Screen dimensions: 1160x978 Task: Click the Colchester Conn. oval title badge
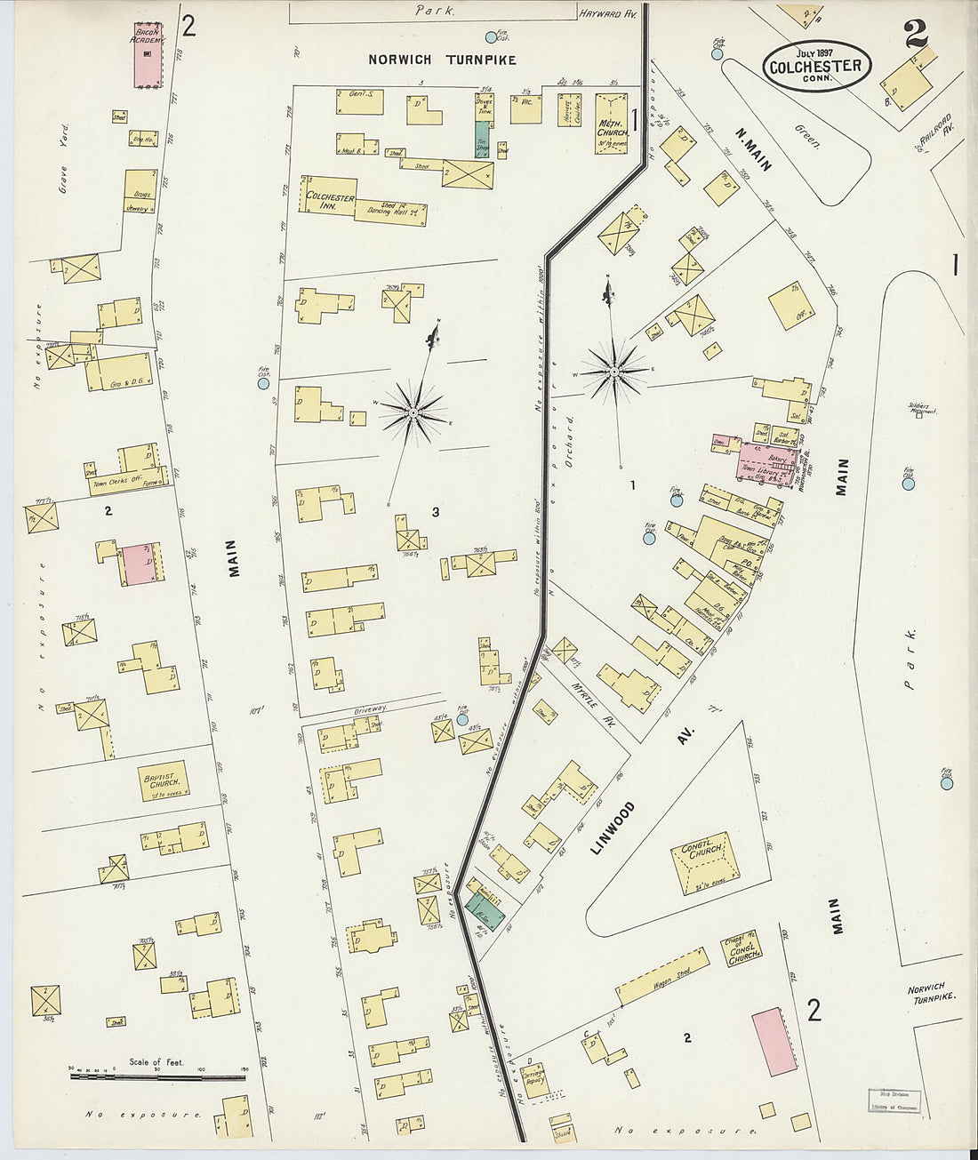815,66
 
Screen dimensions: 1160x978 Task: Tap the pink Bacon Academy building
148,55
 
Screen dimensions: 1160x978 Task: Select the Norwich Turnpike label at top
442,60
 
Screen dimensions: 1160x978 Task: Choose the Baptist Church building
163,781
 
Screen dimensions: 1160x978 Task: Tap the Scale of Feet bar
157,1076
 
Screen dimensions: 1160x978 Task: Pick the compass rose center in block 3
413,412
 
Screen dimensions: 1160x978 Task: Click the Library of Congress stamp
894,1100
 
